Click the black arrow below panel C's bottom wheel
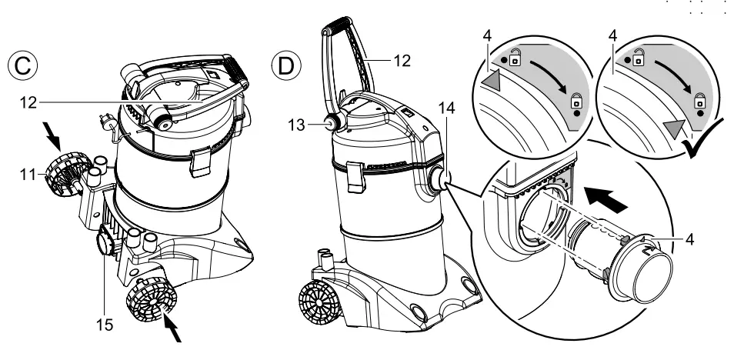click(175, 333)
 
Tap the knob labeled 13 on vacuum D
click(331, 123)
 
